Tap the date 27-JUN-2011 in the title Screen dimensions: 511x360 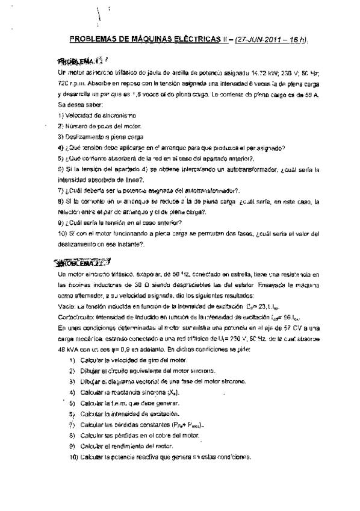tap(256, 40)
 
